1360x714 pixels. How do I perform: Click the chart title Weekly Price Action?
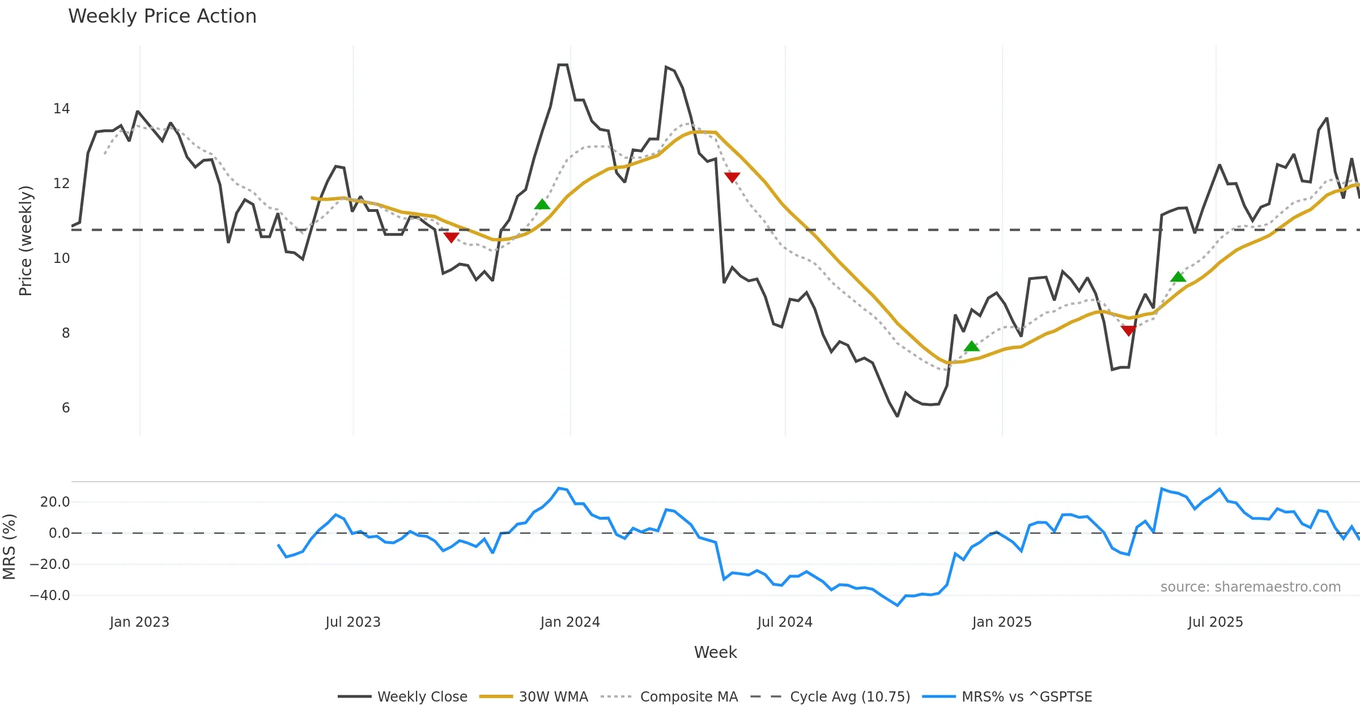pyautogui.click(x=162, y=16)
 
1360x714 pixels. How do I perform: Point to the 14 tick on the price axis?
pyautogui.click(x=61, y=109)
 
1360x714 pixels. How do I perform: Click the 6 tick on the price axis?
pyautogui.click(x=66, y=408)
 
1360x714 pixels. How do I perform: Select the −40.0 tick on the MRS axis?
pyautogui.click(x=50, y=596)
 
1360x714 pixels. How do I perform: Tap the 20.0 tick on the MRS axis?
pyautogui.click(x=55, y=502)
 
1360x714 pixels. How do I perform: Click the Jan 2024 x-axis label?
pyautogui.click(x=570, y=622)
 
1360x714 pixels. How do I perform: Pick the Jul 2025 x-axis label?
pyautogui.click(x=1215, y=622)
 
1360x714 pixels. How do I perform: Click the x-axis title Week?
pyautogui.click(x=715, y=653)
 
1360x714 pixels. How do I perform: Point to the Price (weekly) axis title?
pyautogui.click(x=26, y=241)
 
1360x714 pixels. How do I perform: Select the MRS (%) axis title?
pyautogui.click(x=10, y=547)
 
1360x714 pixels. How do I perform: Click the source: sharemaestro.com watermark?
pyautogui.click(x=1250, y=587)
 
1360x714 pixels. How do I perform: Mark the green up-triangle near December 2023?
pyautogui.click(x=542, y=205)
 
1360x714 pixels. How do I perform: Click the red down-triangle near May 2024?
pyautogui.click(x=732, y=177)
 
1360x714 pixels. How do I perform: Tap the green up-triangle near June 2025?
pyautogui.click(x=1178, y=277)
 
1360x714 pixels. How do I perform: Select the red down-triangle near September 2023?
pyautogui.click(x=451, y=237)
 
